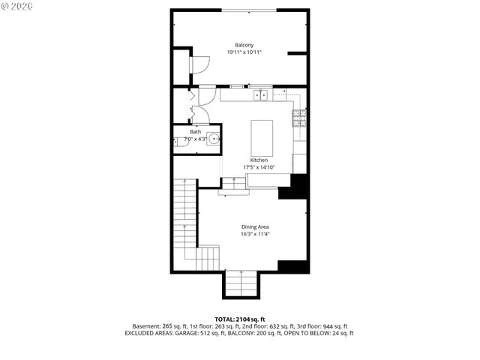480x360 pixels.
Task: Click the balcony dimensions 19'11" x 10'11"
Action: pos(244,52)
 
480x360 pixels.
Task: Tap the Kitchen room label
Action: pos(259,160)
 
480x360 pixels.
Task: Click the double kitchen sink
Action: pos(261,95)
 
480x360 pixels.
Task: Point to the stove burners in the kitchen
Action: pos(299,117)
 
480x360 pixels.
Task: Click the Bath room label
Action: pos(195,132)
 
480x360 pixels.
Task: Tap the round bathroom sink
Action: pos(214,139)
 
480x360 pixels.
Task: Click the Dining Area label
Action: pos(255,226)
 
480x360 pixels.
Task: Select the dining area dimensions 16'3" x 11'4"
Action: pos(255,234)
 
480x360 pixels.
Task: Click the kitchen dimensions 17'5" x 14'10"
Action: pos(259,167)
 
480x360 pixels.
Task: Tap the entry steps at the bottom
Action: pos(241,283)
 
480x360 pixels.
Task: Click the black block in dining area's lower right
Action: pos(292,265)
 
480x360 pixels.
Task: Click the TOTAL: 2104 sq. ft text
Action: pos(239,319)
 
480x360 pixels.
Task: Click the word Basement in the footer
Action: pos(145,326)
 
